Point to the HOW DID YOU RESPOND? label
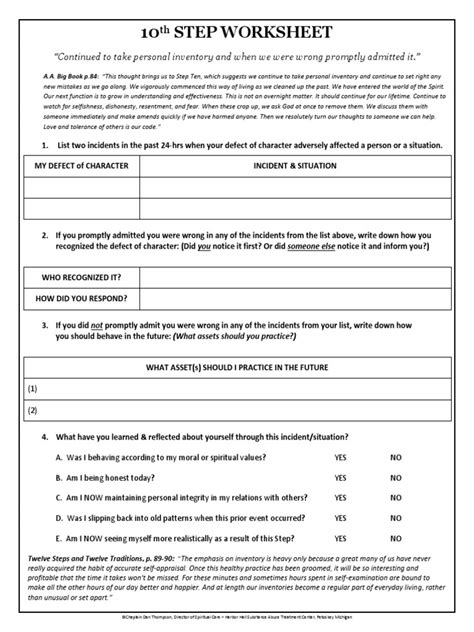tap(81, 297)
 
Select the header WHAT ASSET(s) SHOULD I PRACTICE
tap(237, 368)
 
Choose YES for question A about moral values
tap(341, 456)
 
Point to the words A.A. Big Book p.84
tap(53, 75)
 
